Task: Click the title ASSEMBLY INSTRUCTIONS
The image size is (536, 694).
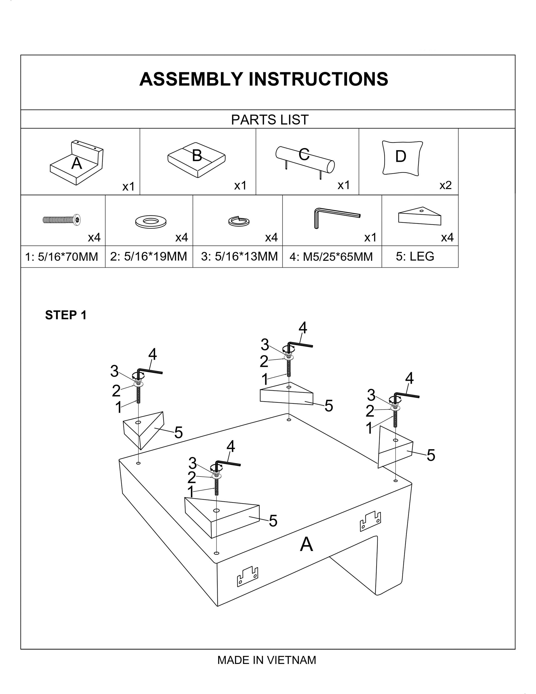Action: point(264,79)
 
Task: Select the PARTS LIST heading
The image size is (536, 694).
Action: point(270,120)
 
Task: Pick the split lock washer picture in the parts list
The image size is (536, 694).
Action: point(239,221)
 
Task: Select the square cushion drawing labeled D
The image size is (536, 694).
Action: point(402,158)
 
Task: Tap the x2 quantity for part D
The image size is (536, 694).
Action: point(445,185)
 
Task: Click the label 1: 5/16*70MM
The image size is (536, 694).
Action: point(62,257)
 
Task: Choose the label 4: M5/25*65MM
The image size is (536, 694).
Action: point(331,257)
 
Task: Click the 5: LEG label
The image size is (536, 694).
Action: point(415,256)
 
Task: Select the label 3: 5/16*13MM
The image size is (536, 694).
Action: point(239,256)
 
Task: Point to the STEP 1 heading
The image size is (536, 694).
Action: point(66,315)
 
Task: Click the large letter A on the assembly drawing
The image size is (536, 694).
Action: point(306,544)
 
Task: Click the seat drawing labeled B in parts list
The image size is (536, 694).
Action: point(197,160)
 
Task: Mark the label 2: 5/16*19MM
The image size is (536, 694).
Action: point(149,256)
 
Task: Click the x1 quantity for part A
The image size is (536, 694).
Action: point(129,187)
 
